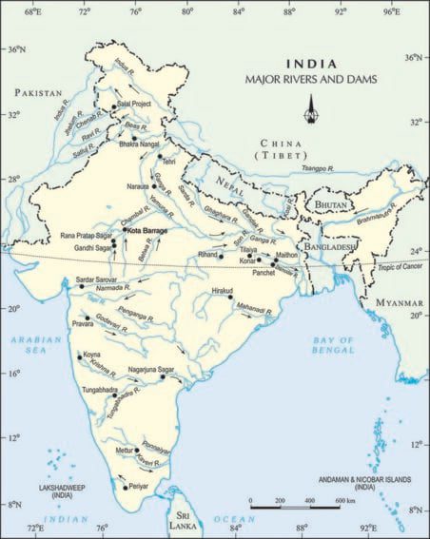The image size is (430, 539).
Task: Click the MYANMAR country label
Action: pos(398,302)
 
